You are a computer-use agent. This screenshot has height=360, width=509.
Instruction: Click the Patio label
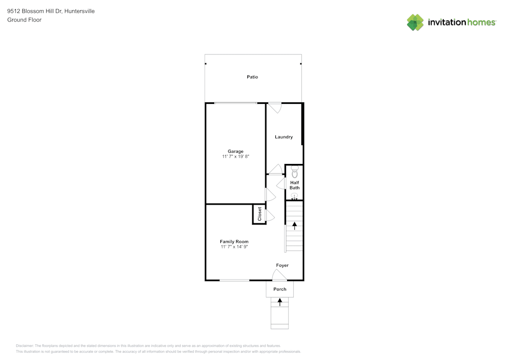pos(252,77)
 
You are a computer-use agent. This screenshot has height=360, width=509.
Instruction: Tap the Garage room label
pos(236,151)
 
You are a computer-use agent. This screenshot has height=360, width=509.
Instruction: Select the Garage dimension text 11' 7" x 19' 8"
pos(236,157)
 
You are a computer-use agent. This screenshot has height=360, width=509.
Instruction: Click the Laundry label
pos(284,137)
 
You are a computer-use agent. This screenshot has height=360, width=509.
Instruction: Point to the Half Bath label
pos(295,185)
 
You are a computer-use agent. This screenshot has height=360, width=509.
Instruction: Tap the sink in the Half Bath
pos(294,197)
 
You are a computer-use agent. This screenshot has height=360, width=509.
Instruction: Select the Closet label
pos(260,214)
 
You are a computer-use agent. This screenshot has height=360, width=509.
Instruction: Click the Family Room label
pos(234,241)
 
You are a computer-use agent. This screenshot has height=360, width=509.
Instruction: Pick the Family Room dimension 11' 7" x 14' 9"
pos(234,247)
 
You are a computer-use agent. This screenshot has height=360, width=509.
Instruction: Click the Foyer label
pos(282,265)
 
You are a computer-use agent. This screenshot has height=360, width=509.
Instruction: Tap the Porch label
pos(280,289)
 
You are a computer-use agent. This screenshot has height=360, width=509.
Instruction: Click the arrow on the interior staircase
pos(294,225)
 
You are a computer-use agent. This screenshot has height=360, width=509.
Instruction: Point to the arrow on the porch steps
pos(280,302)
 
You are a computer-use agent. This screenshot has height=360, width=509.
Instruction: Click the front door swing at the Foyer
pos(279,275)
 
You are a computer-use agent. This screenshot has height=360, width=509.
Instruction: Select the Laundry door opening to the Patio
pos(274,107)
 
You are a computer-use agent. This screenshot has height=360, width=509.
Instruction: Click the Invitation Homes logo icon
pos(415,22)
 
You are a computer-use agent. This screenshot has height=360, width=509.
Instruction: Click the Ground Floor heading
pos(24,20)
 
